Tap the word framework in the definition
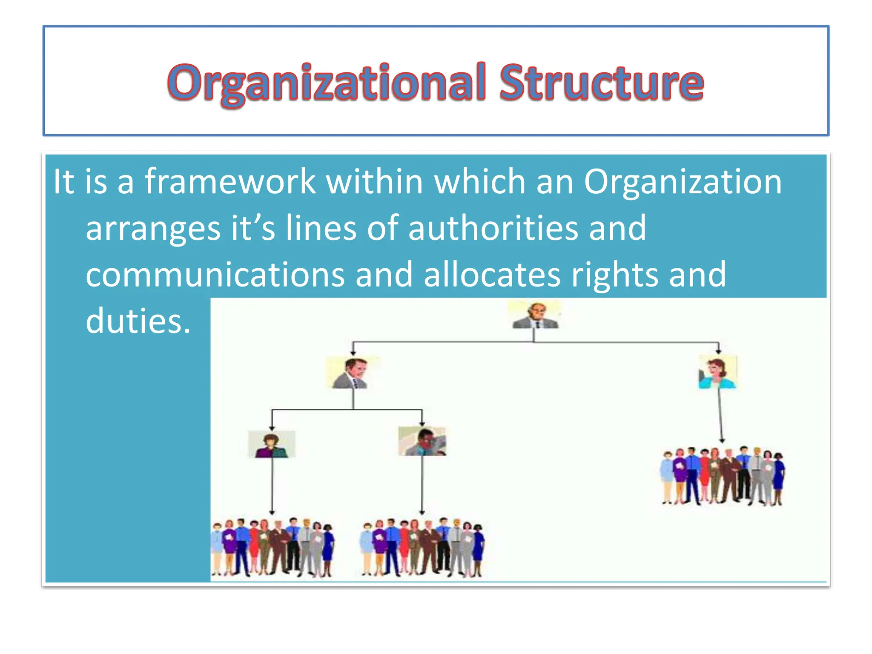tap(230, 182)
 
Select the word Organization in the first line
tap(683, 182)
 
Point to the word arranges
tap(153, 229)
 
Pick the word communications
tap(215, 275)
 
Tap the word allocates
tap(492, 275)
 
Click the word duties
tap(138, 321)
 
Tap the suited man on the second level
tap(352, 373)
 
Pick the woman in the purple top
tap(271, 445)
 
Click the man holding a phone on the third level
tap(422, 442)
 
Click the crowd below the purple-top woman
tap(272, 547)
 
